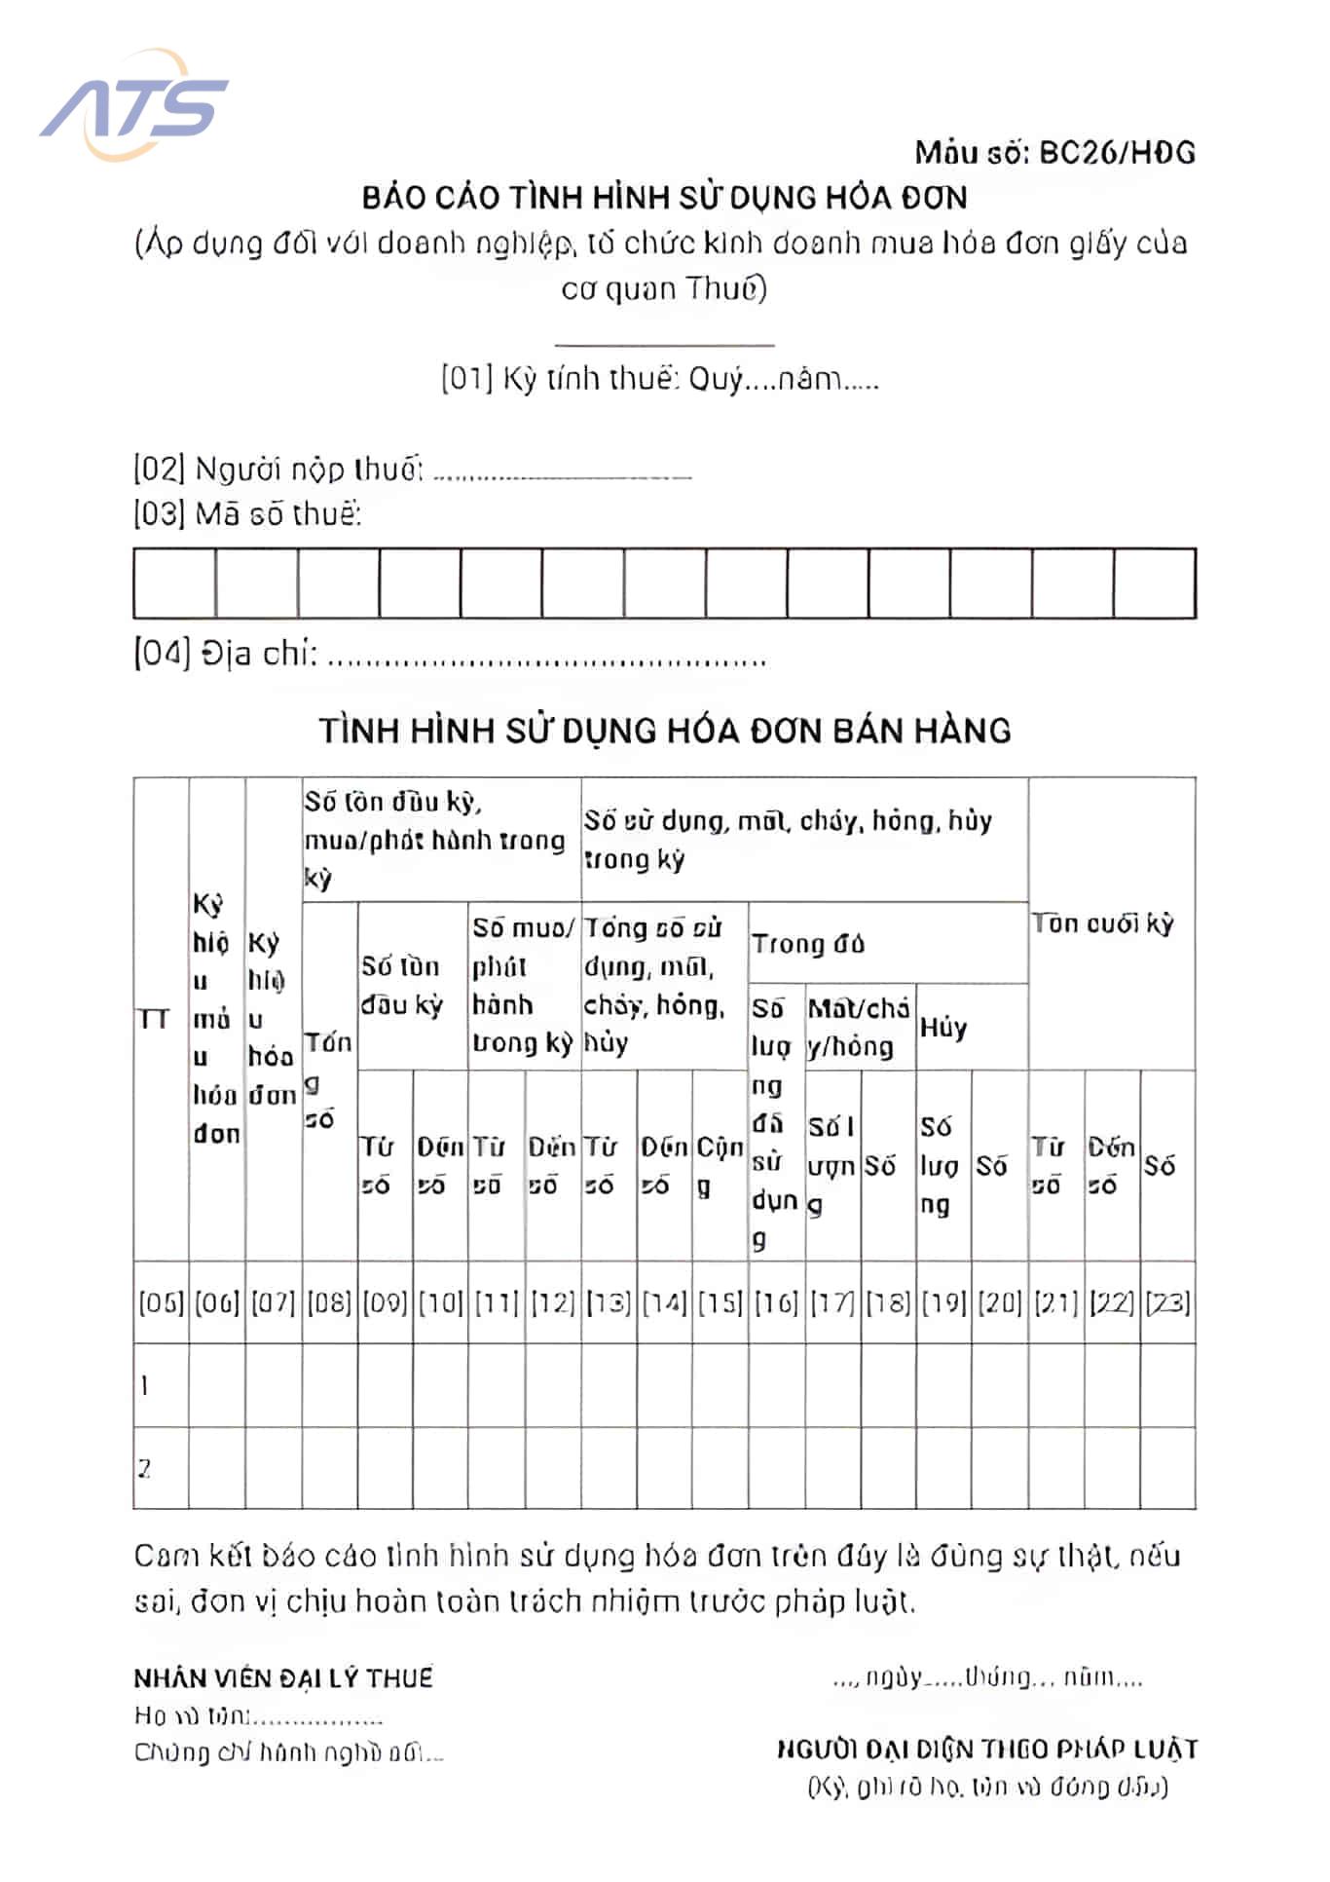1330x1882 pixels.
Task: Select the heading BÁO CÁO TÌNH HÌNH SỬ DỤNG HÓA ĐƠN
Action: click(664, 198)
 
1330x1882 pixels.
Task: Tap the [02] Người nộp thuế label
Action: click(278, 470)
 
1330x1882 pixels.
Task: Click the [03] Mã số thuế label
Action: click(247, 513)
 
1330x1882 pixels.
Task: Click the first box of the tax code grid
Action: click(174, 583)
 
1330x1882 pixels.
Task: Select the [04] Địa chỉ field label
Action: click(226, 654)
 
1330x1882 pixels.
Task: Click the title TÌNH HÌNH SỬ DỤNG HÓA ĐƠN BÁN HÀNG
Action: click(664, 731)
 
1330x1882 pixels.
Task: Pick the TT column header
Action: click(154, 1019)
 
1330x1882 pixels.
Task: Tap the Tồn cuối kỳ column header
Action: click(1103, 922)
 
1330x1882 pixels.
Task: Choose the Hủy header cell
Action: click(943, 1028)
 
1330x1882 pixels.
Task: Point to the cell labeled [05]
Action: click(161, 1302)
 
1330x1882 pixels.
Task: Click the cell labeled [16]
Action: click(776, 1302)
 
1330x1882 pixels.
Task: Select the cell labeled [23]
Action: click(1167, 1302)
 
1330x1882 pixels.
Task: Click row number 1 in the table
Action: click(145, 1385)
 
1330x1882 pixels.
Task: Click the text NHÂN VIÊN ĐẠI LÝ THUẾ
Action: click(283, 1678)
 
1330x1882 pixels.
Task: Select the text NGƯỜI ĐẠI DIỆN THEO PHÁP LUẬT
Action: click(986, 1750)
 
